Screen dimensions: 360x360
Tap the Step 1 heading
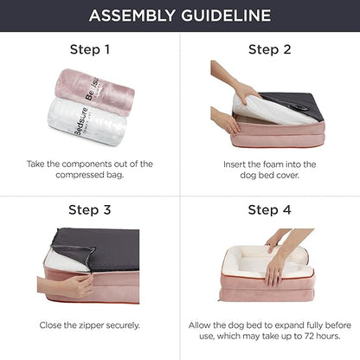[89, 49]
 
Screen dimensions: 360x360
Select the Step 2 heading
[269, 49]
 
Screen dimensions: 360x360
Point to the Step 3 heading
[89, 209]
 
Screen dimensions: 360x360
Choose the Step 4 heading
[269, 209]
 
